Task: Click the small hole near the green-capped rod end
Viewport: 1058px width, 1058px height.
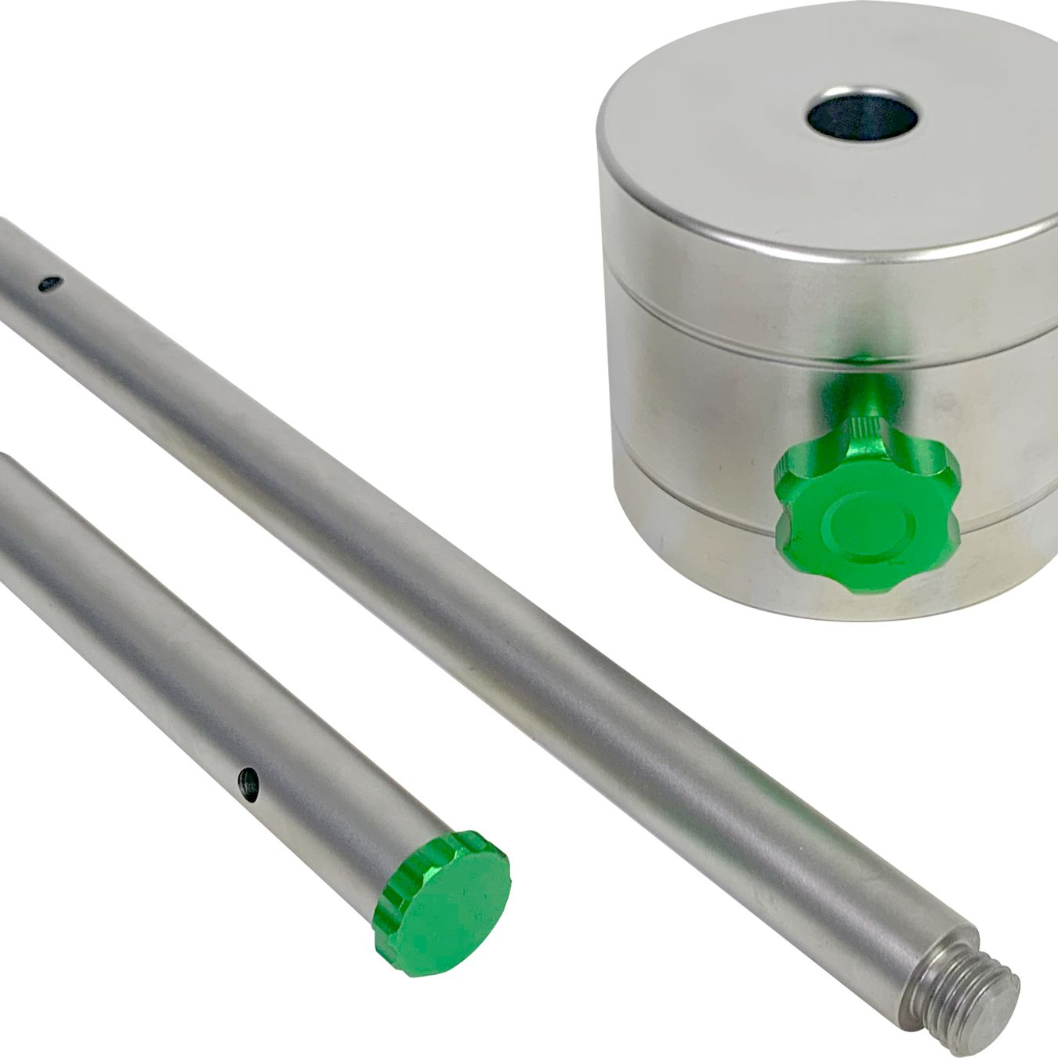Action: pyautogui.click(x=249, y=781)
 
